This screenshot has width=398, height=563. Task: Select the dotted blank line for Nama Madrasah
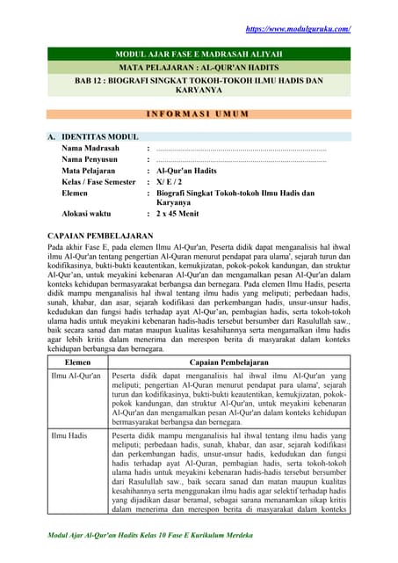click(241, 150)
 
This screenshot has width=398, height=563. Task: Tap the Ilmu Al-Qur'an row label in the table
click(74, 376)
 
